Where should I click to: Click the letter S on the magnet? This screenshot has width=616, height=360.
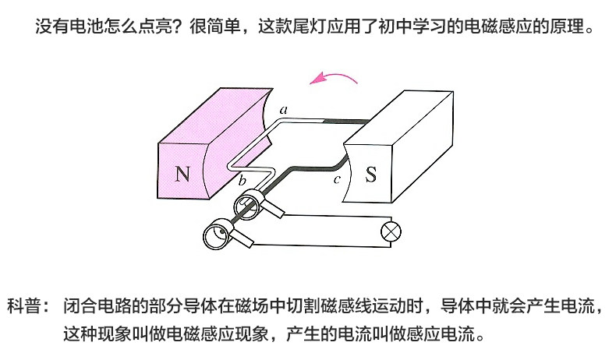click(x=370, y=174)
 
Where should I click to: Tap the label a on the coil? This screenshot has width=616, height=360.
click(x=284, y=110)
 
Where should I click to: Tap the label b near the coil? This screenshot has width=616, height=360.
click(x=242, y=182)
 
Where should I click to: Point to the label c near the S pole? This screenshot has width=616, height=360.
click(x=337, y=180)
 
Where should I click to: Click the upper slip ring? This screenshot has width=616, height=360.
click(x=247, y=204)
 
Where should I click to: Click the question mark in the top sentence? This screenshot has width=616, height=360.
click(x=181, y=29)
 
